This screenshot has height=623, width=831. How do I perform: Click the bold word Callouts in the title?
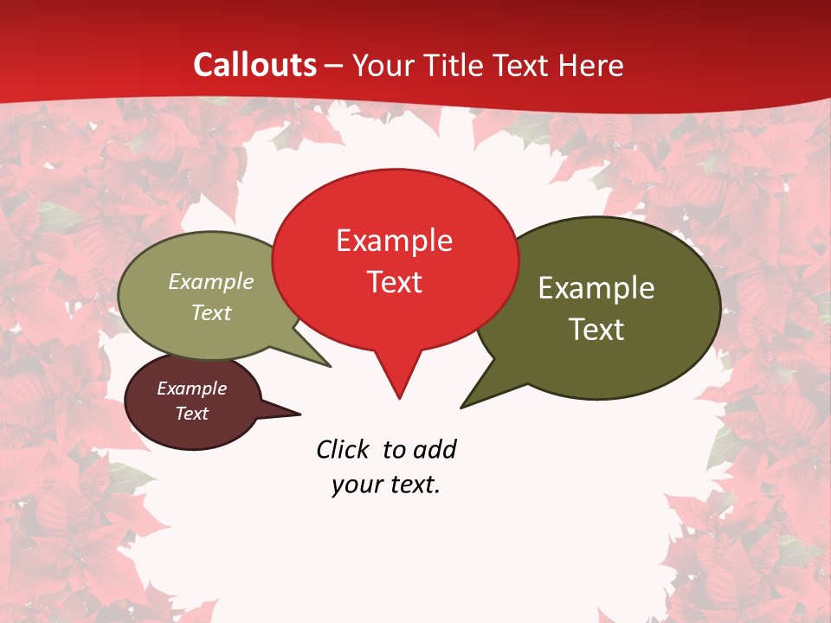tap(254, 65)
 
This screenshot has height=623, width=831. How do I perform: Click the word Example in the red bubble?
tap(394, 241)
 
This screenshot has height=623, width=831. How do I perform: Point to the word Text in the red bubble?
tap(395, 282)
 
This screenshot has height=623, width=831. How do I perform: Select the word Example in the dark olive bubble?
tap(596, 288)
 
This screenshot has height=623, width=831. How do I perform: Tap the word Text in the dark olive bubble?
tap(596, 330)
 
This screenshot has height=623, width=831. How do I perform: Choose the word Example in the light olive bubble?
tap(211, 281)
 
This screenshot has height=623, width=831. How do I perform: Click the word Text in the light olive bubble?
tap(211, 312)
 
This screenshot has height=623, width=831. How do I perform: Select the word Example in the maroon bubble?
tap(191, 389)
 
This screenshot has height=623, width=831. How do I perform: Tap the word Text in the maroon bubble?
tap(191, 414)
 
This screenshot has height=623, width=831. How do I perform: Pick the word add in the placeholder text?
tap(435, 449)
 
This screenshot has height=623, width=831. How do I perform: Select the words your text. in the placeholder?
tap(386, 485)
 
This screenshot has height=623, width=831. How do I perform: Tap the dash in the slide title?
tap(335, 66)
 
